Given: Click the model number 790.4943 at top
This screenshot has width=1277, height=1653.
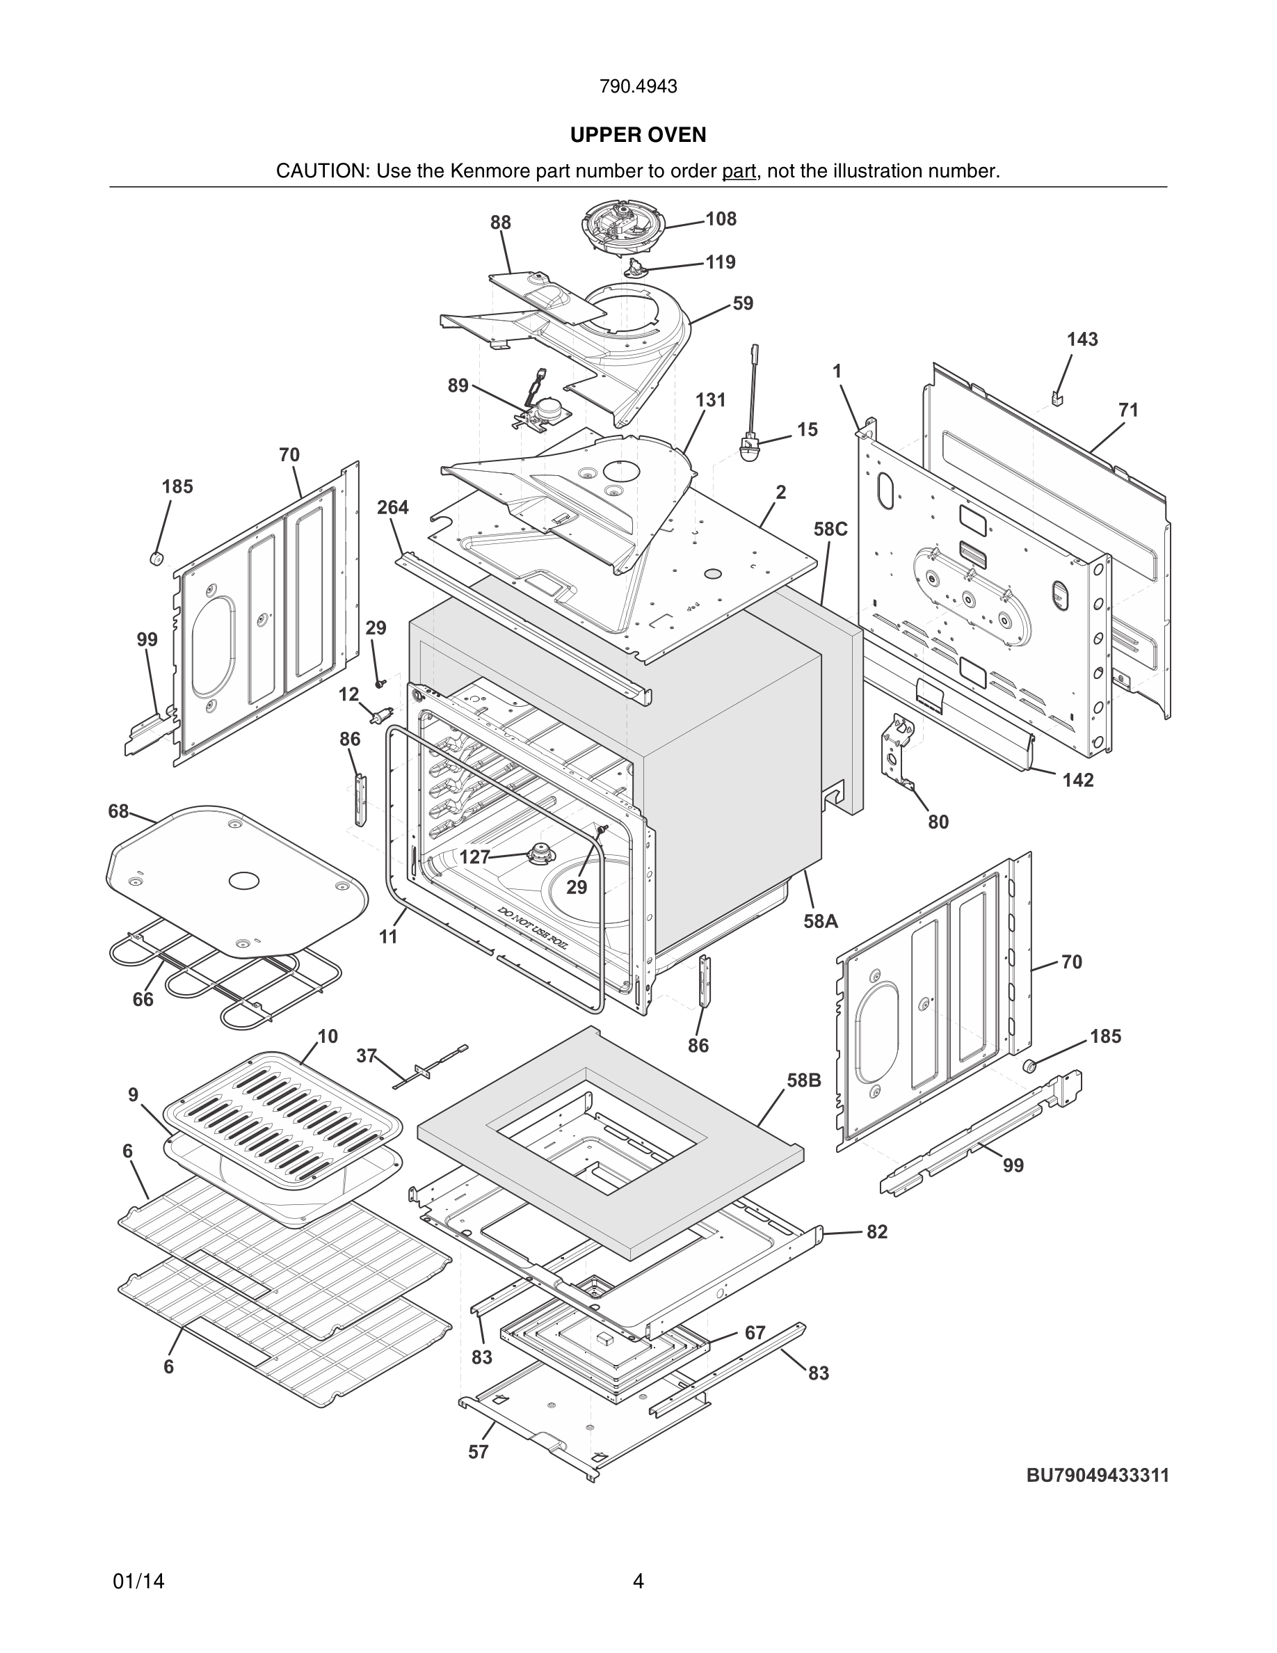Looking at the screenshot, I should click(x=638, y=87).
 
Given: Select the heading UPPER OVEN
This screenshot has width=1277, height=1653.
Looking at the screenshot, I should click(x=638, y=135).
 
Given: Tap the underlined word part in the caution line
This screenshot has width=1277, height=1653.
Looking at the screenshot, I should click(x=739, y=171).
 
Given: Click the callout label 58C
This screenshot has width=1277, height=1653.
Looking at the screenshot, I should click(x=830, y=529).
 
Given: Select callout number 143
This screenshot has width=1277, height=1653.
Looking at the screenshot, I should click(x=1082, y=339).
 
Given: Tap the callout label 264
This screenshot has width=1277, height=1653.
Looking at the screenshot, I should click(x=393, y=507).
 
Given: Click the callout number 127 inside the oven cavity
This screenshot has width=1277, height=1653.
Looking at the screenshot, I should click(x=475, y=858).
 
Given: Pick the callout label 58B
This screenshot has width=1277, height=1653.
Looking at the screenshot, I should click(x=803, y=1080).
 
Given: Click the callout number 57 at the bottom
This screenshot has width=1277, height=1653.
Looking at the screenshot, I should click(x=478, y=1452).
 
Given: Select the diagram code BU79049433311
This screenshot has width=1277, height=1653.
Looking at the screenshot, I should click(x=1097, y=1475).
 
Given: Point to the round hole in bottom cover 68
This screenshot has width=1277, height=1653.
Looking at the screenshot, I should click(x=243, y=880).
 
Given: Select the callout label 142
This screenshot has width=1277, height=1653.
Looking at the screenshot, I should click(x=1077, y=780).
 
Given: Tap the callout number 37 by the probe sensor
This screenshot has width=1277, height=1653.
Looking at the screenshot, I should click(x=366, y=1055).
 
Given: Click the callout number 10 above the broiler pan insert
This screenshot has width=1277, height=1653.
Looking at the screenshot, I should click(x=327, y=1036).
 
